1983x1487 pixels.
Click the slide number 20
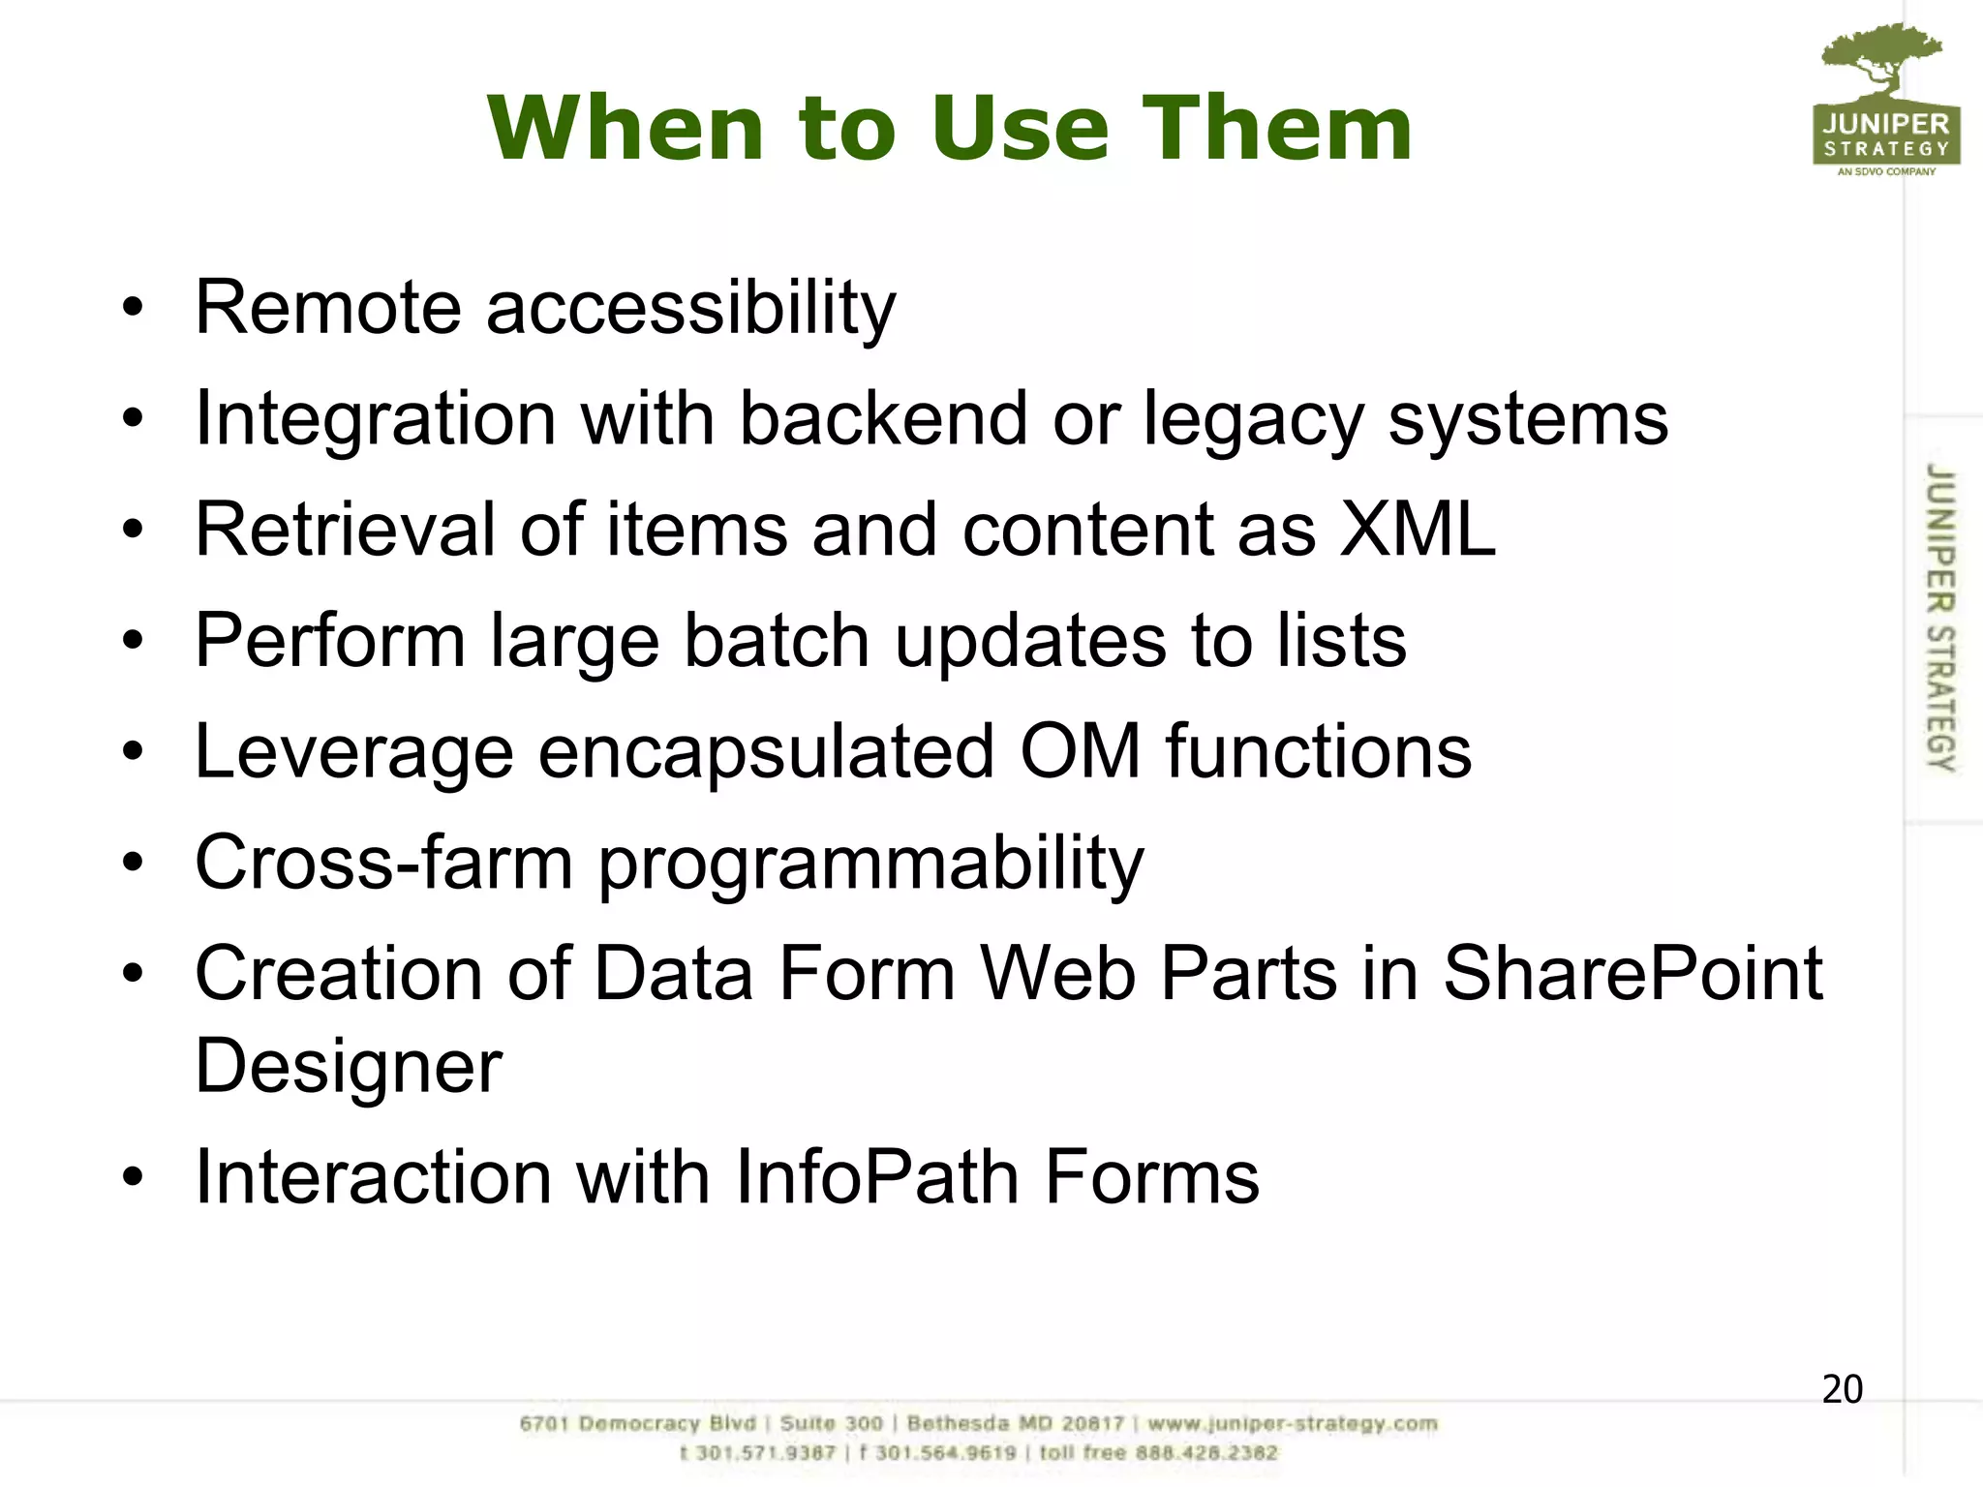point(1842,1389)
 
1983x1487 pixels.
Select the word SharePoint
point(1632,974)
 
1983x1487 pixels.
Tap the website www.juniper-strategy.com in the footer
point(1293,1424)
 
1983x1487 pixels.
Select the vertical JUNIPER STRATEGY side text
point(1939,617)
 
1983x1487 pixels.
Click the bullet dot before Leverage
point(133,752)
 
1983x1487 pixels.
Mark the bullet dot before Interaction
point(133,1178)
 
